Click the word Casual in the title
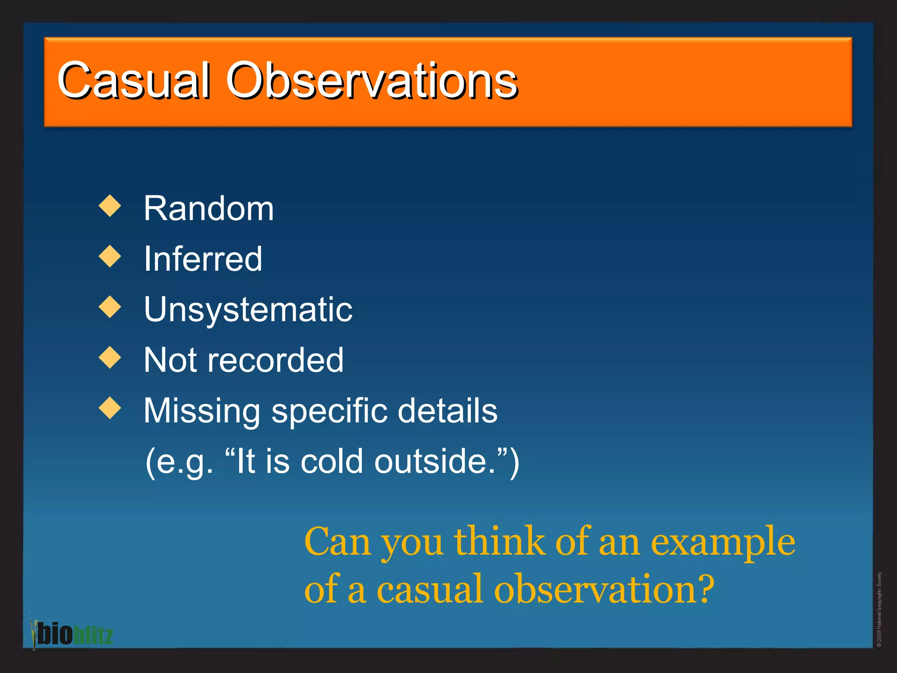(x=133, y=81)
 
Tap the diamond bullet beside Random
(x=110, y=206)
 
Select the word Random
(x=208, y=209)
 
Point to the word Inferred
(x=203, y=259)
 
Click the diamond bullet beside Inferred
(x=110, y=256)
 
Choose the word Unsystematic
(x=248, y=310)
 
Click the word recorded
(x=275, y=360)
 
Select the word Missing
(x=202, y=411)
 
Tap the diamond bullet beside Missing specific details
(x=110, y=408)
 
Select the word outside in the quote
(x=434, y=462)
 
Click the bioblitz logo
(x=72, y=634)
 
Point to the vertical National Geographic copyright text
(x=879, y=609)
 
